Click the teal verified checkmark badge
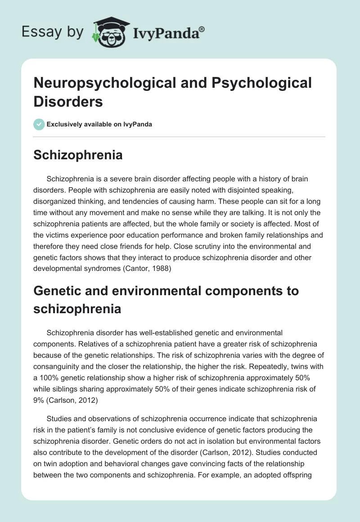click(39, 124)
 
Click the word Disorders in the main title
click(68, 101)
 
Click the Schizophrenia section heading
click(78, 155)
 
